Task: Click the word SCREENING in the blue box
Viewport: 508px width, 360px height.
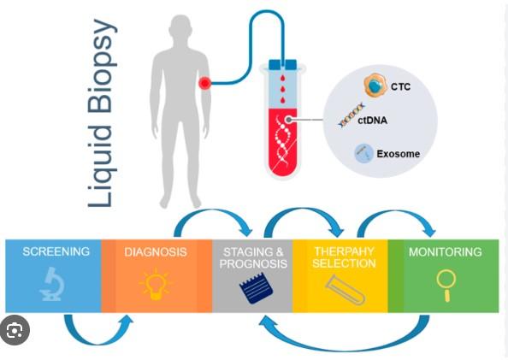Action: click(x=56, y=251)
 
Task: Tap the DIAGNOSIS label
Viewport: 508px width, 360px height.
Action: click(x=156, y=252)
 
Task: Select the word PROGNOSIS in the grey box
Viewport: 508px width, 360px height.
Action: click(x=253, y=263)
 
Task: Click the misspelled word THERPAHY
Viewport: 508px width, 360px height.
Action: click(x=344, y=251)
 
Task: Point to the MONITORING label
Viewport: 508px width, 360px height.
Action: click(x=446, y=252)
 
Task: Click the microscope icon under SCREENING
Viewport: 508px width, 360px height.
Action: click(x=52, y=284)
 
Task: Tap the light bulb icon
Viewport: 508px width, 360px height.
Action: click(x=156, y=284)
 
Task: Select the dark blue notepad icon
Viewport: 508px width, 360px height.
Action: click(x=256, y=287)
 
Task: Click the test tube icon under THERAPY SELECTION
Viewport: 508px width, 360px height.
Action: click(x=346, y=290)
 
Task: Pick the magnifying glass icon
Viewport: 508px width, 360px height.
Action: click(x=446, y=286)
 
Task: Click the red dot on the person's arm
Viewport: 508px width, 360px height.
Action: click(x=204, y=84)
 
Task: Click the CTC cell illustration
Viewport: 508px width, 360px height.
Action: click(x=375, y=86)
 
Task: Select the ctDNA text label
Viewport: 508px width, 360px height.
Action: click(x=372, y=121)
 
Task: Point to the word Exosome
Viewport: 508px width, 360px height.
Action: click(x=399, y=154)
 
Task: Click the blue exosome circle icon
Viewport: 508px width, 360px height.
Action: click(x=363, y=153)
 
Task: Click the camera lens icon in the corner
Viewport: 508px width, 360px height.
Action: click(x=15, y=330)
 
